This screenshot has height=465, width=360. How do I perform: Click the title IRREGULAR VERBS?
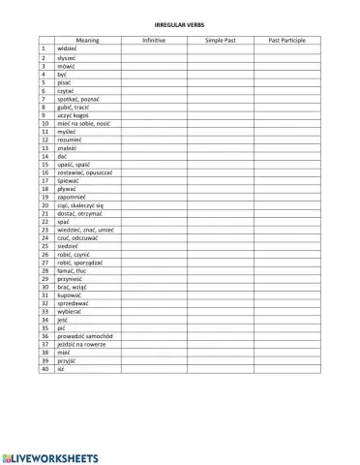click(x=180, y=23)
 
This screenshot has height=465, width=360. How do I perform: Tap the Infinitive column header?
click(x=154, y=40)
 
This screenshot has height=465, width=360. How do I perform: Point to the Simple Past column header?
click(x=221, y=40)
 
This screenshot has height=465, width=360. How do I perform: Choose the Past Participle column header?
click(x=286, y=40)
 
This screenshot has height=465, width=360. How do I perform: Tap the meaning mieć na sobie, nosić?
click(x=81, y=123)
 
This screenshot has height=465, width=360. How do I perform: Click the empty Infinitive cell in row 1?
click(x=154, y=48)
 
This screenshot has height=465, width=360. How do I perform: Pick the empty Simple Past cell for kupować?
click(x=221, y=295)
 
